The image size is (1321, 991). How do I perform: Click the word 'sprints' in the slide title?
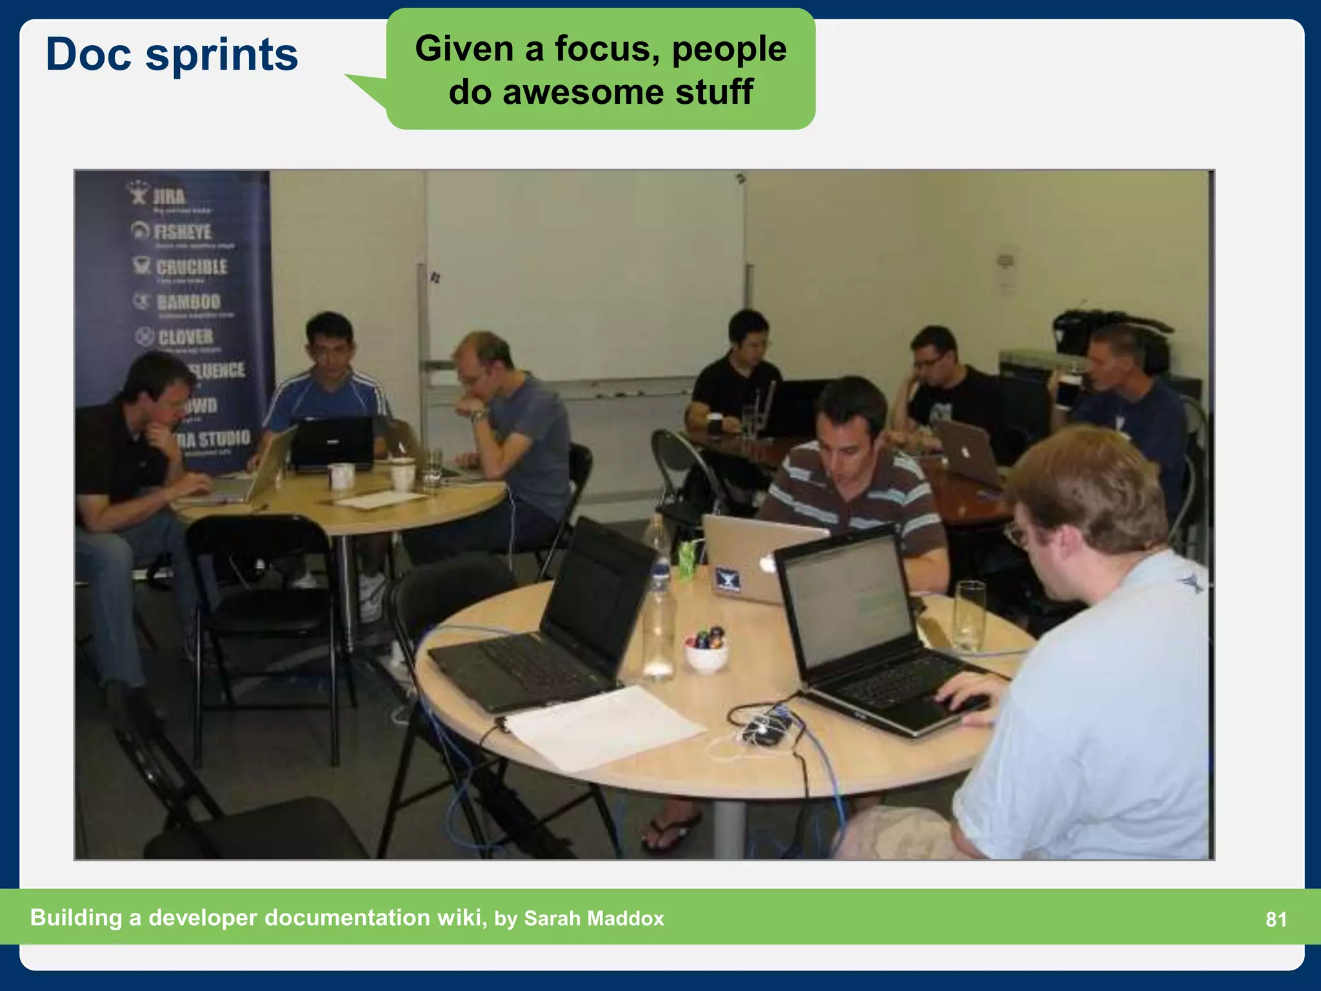click(x=222, y=55)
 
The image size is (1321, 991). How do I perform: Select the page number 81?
click(x=1276, y=919)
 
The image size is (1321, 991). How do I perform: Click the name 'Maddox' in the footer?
click(x=625, y=918)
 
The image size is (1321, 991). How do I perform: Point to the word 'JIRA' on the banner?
click(x=168, y=196)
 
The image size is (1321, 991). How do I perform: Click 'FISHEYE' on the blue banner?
click(x=183, y=232)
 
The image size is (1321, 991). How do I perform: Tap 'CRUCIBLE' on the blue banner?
click(x=192, y=266)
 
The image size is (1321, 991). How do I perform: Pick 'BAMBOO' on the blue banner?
click(x=188, y=301)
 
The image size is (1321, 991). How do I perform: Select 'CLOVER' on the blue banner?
click(x=186, y=337)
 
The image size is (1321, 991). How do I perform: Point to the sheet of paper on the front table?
click(x=603, y=726)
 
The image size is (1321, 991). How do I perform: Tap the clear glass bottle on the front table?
click(x=659, y=619)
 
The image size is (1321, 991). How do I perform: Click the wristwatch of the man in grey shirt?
click(x=478, y=415)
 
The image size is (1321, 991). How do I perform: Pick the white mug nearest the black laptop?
click(x=341, y=475)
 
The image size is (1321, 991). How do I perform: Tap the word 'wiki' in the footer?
click(x=460, y=917)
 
